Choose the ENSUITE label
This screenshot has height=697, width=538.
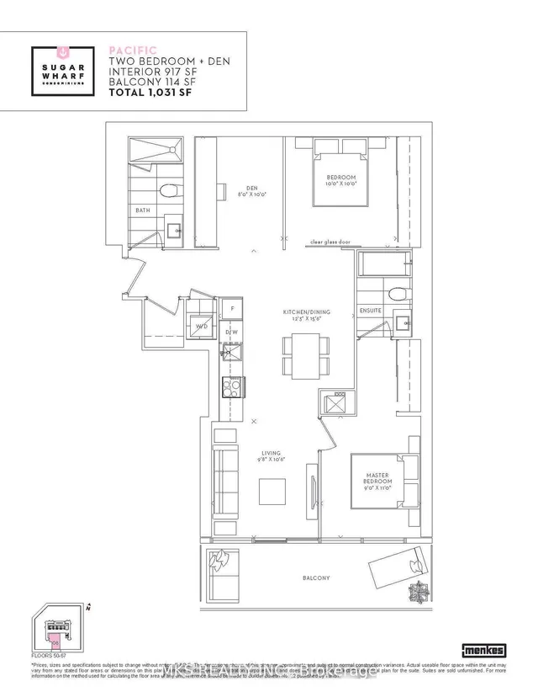point(371,310)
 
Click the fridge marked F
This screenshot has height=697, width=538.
point(232,309)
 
